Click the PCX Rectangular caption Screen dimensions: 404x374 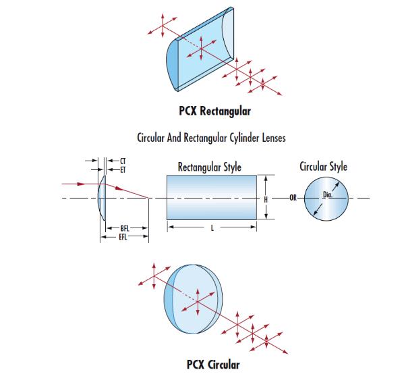point(215,111)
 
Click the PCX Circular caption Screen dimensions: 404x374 point(213,365)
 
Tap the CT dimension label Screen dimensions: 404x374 point(123,161)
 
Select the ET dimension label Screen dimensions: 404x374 point(123,170)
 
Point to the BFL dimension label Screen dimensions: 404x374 point(125,228)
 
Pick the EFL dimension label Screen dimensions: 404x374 point(123,237)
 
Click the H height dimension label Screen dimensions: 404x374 point(266,199)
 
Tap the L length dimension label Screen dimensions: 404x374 point(212,228)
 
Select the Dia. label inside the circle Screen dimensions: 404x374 point(328,194)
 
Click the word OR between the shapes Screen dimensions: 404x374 point(293,198)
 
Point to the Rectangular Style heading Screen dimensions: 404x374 point(210,167)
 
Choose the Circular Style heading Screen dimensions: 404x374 point(323,167)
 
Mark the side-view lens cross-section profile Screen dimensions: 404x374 point(102,198)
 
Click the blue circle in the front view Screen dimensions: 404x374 point(326,198)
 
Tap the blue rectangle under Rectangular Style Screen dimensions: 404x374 point(212,198)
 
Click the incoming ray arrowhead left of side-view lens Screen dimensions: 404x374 point(81,184)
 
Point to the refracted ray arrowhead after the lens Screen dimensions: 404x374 point(119,188)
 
